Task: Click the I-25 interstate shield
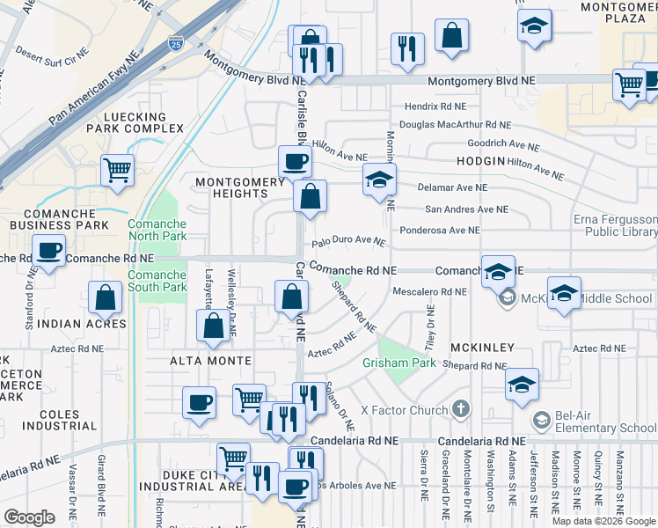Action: pos(176,41)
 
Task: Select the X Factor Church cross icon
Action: pos(460,409)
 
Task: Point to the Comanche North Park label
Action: pos(157,231)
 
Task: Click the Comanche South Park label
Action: pos(157,281)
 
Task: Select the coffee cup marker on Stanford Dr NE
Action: pos(49,251)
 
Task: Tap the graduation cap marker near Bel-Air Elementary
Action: pos(522,384)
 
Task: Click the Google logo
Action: pos(29,517)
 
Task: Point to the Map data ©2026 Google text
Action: pos(603,521)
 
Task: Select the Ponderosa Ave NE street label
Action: pos(439,231)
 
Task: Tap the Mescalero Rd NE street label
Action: pos(429,291)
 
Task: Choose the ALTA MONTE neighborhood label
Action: pos(211,362)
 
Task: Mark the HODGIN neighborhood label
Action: pos(480,162)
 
